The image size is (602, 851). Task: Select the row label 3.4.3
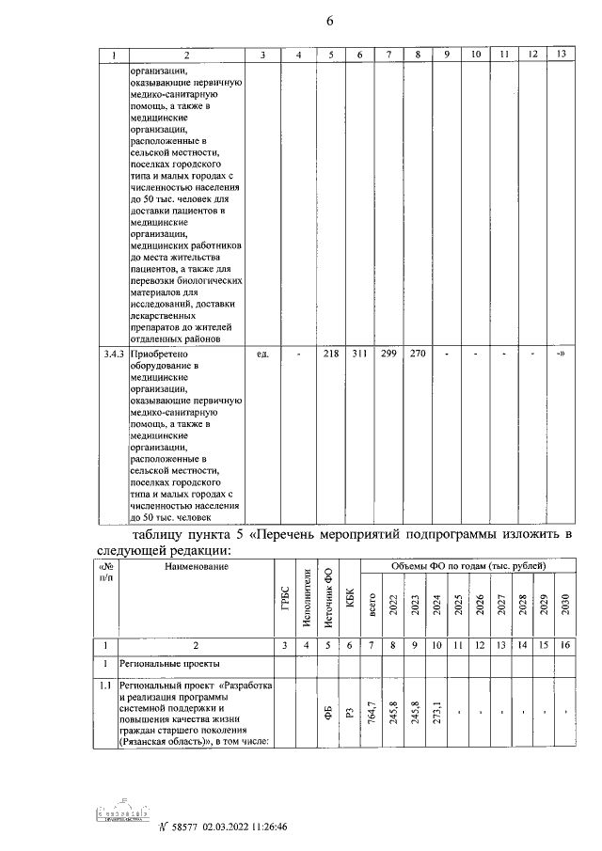click(x=113, y=354)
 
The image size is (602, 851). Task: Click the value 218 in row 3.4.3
click(x=330, y=354)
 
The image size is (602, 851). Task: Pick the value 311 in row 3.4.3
click(x=358, y=354)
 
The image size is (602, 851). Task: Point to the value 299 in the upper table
click(x=388, y=354)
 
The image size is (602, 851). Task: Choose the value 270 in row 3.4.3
click(x=417, y=354)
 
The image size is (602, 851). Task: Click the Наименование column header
click(x=196, y=567)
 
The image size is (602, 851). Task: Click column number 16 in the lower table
click(x=564, y=645)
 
